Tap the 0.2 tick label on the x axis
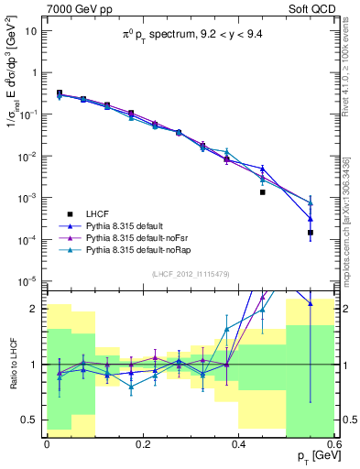point(142,443)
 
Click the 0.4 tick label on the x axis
point(238,443)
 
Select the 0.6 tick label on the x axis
point(333,443)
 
